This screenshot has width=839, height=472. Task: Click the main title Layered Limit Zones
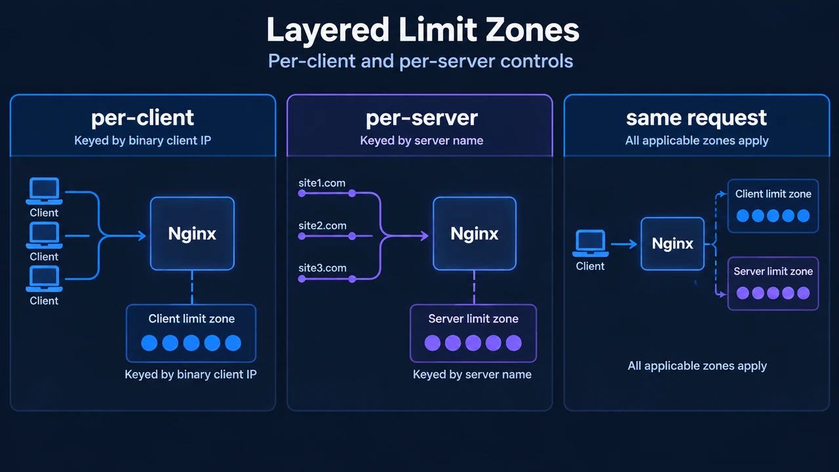[423, 30]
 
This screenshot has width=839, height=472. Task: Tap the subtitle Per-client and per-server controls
[421, 61]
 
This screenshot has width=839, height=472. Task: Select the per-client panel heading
[142, 118]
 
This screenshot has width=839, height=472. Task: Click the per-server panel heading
[421, 118]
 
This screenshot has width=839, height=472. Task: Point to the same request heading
[696, 118]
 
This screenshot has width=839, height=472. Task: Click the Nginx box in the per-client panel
[192, 233]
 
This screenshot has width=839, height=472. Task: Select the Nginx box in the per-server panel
[474, 233]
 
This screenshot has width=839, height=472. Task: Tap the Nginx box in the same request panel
[673, 243]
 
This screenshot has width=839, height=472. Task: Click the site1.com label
[322, 183]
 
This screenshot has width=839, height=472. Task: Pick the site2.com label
[322, 226]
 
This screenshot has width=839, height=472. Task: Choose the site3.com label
[322, 268]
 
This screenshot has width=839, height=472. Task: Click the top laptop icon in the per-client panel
[44, 191]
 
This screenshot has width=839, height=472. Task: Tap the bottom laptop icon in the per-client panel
[44, 279]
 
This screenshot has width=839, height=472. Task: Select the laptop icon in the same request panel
[591, 243]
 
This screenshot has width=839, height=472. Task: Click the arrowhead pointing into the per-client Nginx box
[142, 235]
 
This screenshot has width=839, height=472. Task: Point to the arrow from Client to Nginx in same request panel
[624, 245]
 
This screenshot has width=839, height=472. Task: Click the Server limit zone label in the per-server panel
[473, 319]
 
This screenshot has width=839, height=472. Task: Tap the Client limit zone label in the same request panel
[773, 193]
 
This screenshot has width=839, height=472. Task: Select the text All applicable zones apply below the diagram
[697, 366]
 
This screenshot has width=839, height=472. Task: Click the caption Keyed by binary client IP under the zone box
[191, 374]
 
